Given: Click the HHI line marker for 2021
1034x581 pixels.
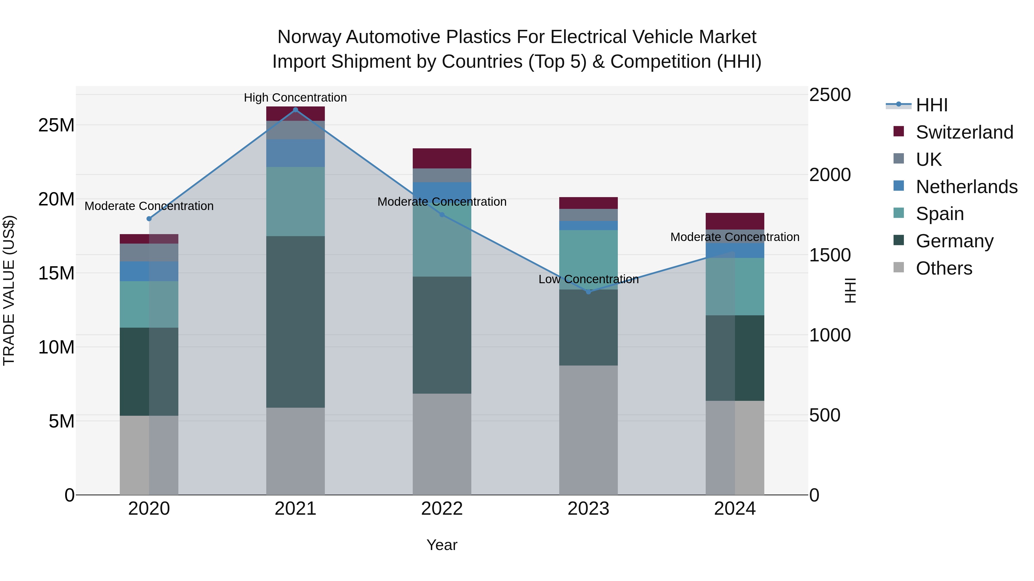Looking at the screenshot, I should (296, 110).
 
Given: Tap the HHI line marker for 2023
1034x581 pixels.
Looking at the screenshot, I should (589, 292).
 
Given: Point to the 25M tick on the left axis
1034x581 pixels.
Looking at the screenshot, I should (56, 125).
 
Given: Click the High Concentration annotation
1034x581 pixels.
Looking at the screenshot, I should (296, 98).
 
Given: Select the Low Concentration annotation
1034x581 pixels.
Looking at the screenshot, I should (589, 279).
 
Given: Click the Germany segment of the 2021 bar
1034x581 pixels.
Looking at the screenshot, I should (296, 322).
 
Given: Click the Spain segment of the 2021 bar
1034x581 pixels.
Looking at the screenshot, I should (296, 201).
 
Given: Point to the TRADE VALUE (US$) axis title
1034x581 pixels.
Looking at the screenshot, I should (9, 290).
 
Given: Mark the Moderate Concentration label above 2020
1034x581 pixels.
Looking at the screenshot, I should (149, 206).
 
